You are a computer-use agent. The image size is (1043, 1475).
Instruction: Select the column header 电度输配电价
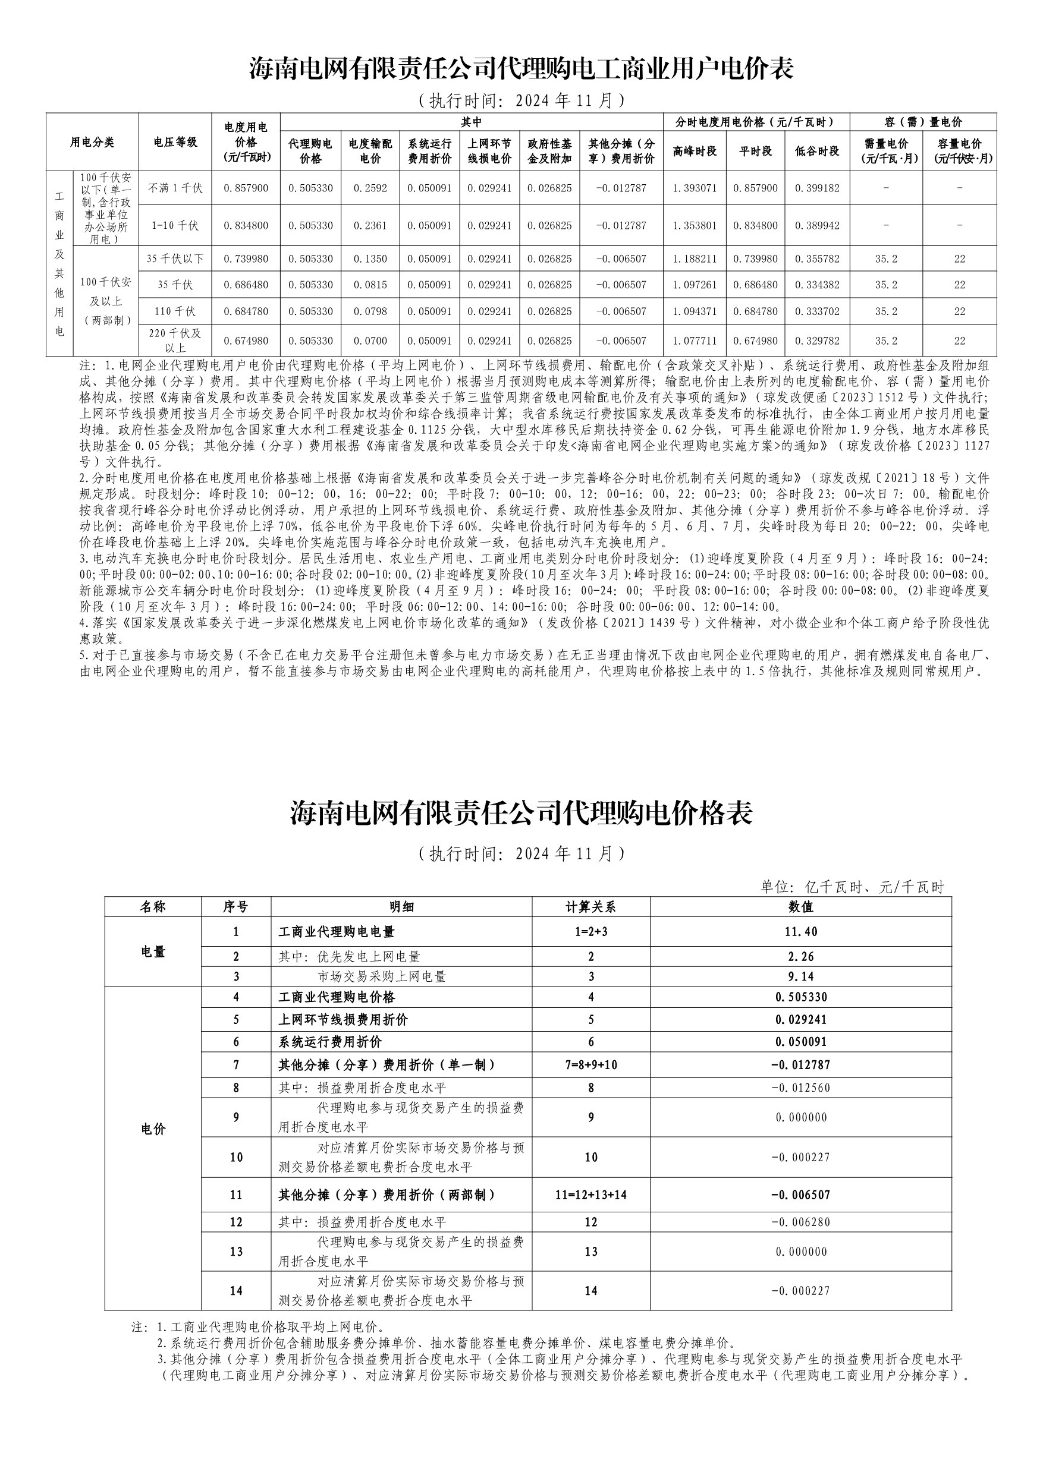[370, 151]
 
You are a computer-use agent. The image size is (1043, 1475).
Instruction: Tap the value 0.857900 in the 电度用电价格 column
[246, 188]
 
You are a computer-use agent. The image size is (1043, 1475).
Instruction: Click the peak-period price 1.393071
[695, 188]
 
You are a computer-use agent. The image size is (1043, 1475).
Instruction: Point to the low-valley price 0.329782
[817, 341]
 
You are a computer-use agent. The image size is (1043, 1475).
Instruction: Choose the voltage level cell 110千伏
[175, 311]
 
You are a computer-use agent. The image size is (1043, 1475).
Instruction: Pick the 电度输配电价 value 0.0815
[370, 285]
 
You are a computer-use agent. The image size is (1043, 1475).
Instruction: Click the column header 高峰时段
[695, 151]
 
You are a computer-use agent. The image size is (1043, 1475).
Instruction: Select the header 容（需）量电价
[923, 122]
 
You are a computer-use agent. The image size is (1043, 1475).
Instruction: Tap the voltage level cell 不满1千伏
[175, 188]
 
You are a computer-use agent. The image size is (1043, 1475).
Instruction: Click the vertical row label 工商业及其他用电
[59, 263]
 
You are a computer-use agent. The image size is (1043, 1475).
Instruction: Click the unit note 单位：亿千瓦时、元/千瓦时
[852, 887]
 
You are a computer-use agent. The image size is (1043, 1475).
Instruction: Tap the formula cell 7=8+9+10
[590, 1064]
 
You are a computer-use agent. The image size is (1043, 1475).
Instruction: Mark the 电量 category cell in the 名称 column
[153, 952]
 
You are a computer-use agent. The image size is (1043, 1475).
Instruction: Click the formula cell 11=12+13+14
[590, 1195]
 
